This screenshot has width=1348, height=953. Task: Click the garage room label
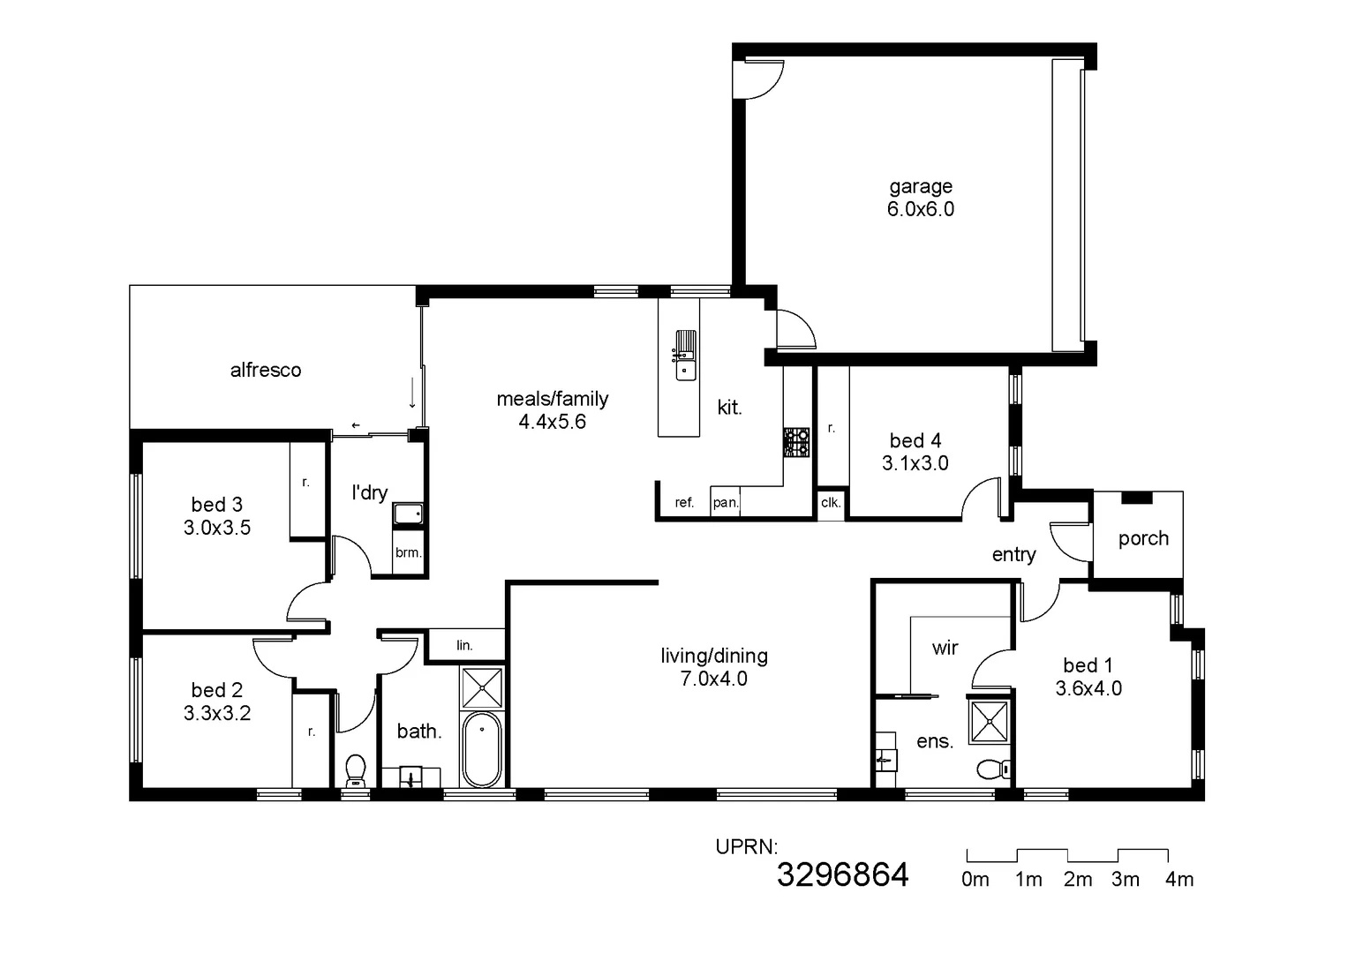click(920, 186)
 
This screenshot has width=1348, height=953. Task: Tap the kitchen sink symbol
click(685, 355)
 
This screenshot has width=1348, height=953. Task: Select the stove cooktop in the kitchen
click(796, 443)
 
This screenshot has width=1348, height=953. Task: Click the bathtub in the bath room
click(481, 750)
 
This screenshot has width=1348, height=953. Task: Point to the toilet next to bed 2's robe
click(356, 769)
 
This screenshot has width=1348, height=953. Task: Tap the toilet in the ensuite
click(993, 769)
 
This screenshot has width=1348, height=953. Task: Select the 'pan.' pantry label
click(725, 503)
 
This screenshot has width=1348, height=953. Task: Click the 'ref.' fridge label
click(684, 503)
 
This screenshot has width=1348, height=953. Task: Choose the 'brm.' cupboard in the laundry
click(408, 553)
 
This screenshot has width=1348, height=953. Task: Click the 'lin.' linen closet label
click(464, 646)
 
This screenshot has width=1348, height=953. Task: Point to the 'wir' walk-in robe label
click(945, 648)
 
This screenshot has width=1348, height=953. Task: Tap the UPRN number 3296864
click(842, 874)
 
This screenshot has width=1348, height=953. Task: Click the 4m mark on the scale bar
click(1179, 880)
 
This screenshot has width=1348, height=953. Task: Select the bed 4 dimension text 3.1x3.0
click(915, 463)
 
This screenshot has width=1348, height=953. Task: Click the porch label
click(1143, 538)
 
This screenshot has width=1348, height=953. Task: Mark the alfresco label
click(266, 370)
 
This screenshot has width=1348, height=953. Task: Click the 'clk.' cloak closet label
click(830, 503)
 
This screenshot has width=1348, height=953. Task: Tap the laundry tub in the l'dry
click(408, 514)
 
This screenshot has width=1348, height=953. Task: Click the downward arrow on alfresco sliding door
click(412, 393)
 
